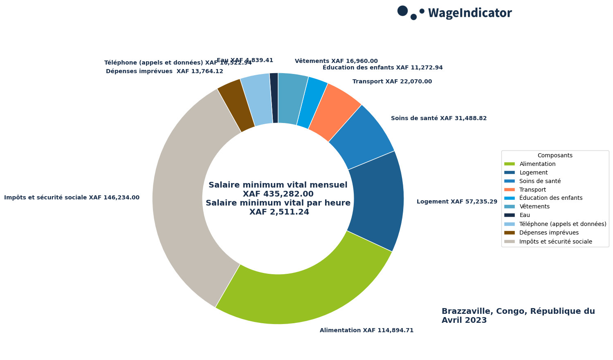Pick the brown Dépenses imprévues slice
tap(236, 105)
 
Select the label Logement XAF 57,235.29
tap(457, 202)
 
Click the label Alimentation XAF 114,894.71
tap(366, 331)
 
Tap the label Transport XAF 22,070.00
tap(392, 82)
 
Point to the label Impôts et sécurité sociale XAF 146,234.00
tap(72, 198)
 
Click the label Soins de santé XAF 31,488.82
tap(438, 119)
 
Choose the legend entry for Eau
tap(524, 215)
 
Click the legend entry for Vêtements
tap(534, 206)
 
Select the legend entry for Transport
tap(532, 190)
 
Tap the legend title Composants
tap(555, 156)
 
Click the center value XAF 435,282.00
tap(278, 194)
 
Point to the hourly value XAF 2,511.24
tap(279, 212)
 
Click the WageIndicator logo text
tap(469, 13)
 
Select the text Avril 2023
tap(464, 320)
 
